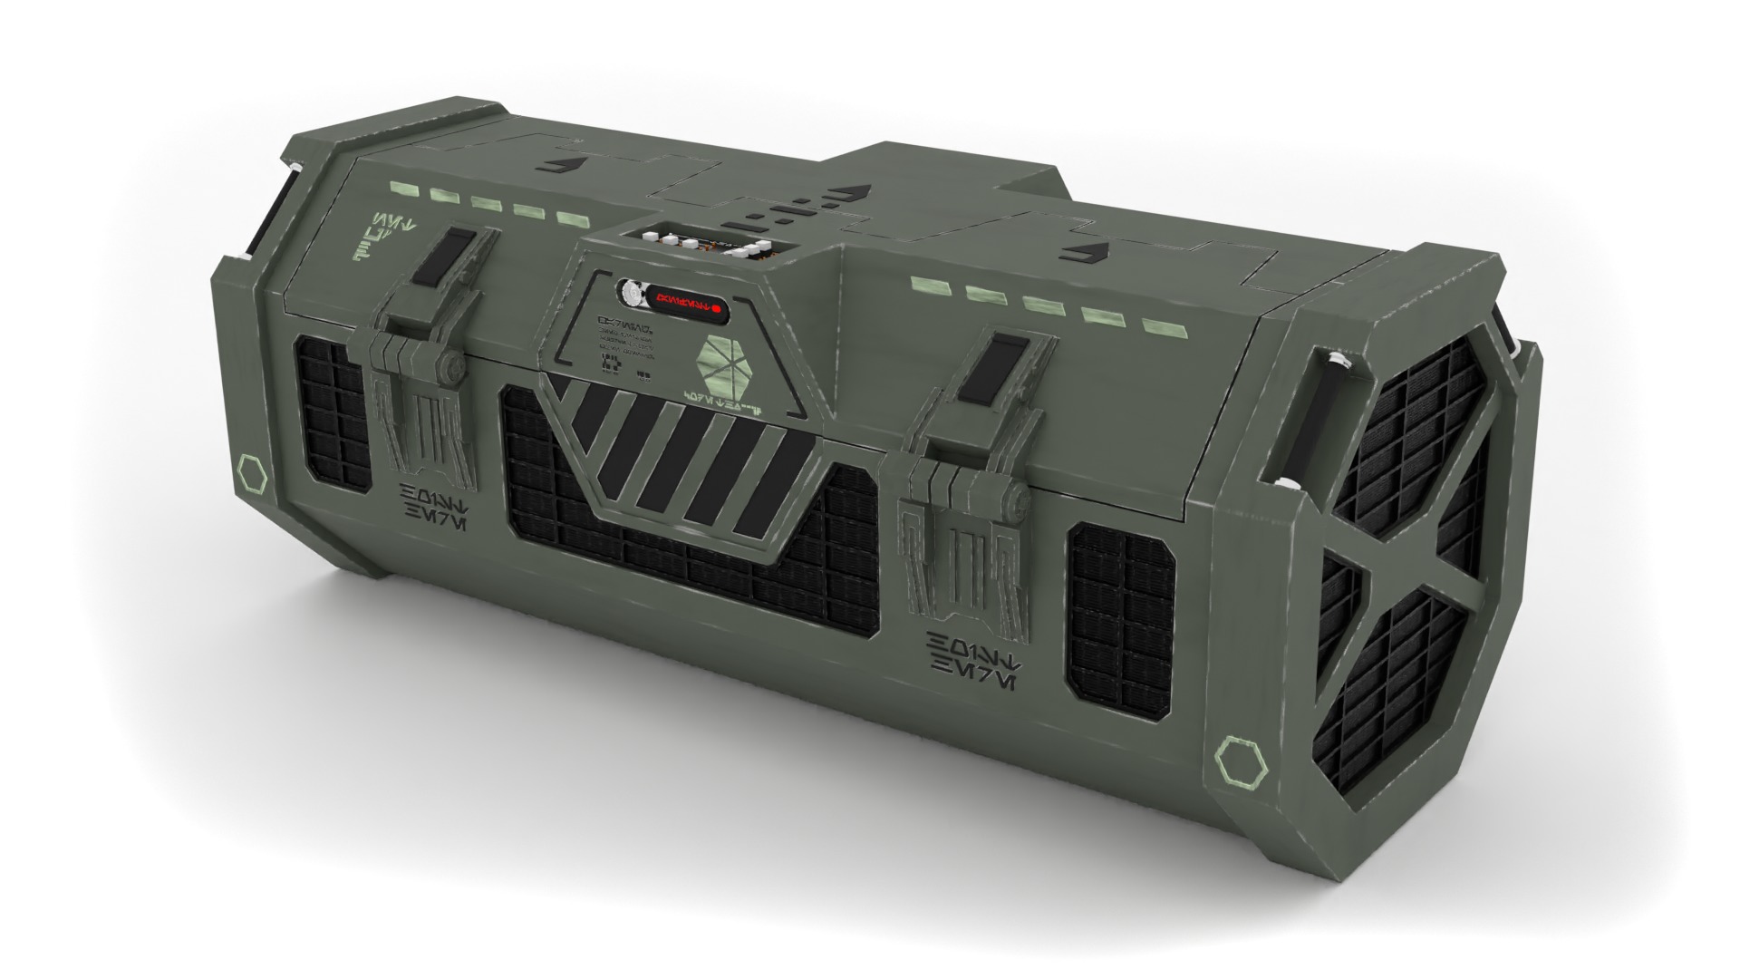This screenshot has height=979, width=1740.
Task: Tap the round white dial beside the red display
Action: [629, 292]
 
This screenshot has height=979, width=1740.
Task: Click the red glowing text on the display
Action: [677, 300]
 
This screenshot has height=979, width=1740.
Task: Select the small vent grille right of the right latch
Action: [1122, 608]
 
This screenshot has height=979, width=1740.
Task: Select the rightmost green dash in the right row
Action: [1156, 325]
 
